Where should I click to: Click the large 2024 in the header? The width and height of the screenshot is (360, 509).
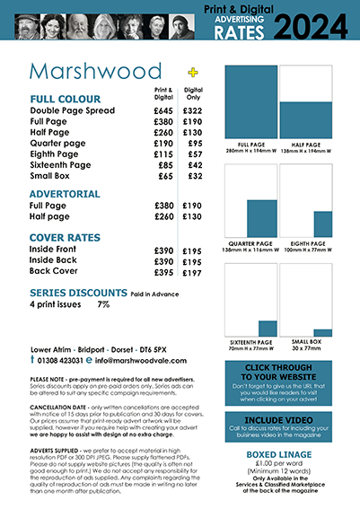tap(312, 23)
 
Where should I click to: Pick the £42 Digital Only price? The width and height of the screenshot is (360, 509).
tap(192, 165)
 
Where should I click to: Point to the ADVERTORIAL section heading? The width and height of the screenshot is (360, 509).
tap(65, 193)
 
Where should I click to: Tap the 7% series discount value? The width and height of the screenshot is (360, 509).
tap(103, 305)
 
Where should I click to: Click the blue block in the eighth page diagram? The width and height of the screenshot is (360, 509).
tap(322, 224)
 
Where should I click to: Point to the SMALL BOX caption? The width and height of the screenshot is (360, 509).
tap(305, 342)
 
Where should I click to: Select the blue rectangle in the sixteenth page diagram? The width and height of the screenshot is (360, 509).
tap(268, 329)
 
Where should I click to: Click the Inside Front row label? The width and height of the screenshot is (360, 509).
tap(56, 250)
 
